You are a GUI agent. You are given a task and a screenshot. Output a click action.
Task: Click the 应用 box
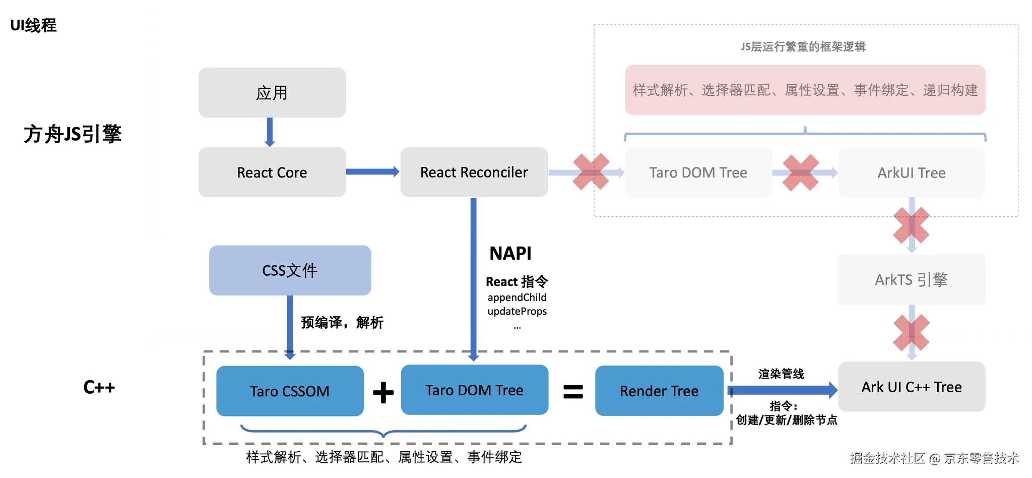[x=272, y=93]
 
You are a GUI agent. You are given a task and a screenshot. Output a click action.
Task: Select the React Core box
[x=272, y=172]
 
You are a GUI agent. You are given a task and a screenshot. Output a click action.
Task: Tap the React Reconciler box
[x=474, y=172]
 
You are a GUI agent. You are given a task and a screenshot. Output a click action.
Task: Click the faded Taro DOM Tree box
[x=698, y=172]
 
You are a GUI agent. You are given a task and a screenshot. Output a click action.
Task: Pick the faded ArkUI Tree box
[x=911, y=172]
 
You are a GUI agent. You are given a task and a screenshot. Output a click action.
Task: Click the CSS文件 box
[x=290, y=270]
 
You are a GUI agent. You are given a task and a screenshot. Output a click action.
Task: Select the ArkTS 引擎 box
[x=911, y=279]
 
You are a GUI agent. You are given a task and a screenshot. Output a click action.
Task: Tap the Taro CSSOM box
[x=290, y=391]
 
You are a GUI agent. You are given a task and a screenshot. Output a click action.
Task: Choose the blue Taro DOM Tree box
[x=474, y=390]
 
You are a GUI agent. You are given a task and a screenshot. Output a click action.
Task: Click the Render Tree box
[x=659, y=391]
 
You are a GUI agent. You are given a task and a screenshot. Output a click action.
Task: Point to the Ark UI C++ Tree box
[x=911, y=387]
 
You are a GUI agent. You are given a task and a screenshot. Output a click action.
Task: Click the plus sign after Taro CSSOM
[x=383, y=392]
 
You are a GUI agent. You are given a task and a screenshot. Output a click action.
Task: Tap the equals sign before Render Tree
[x=573, y=392]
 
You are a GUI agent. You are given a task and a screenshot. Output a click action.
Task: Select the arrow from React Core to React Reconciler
[x=372, y=172]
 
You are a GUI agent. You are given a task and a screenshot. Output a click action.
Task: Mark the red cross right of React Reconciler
[x=591, y=172]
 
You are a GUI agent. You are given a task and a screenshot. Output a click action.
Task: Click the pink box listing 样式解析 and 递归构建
[x=805, y=90]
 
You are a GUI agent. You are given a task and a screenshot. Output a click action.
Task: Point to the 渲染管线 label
[x=781, y=374]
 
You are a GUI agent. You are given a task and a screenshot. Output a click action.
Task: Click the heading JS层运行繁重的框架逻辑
[x=803, y=47]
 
